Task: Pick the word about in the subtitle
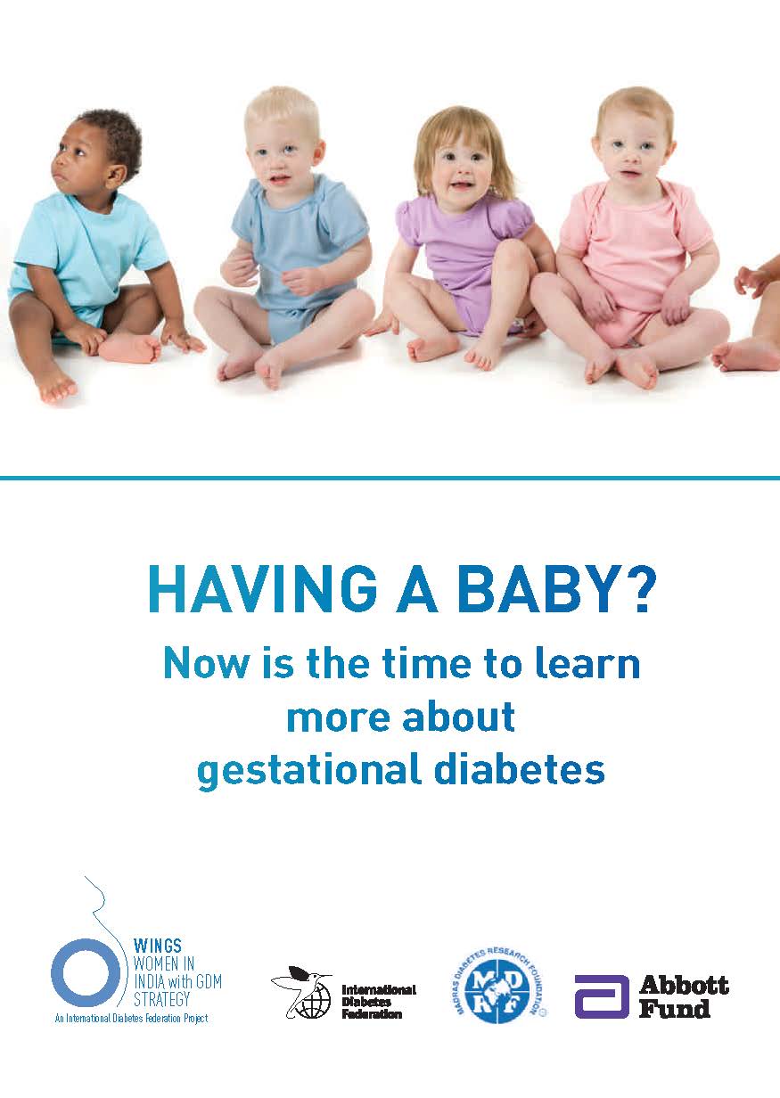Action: pyautogui.click(x=458, y=717)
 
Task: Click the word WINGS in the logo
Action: pyautogui.click(x=158, y=946)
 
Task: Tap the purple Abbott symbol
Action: pyautogui.click(x=601, y=997)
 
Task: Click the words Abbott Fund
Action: pyautogui.click(x=684, y=996)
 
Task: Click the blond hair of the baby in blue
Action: pyautogui.click(x=283, y=111)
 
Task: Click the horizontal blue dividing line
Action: pyautogui.click(x=390, y=478)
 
